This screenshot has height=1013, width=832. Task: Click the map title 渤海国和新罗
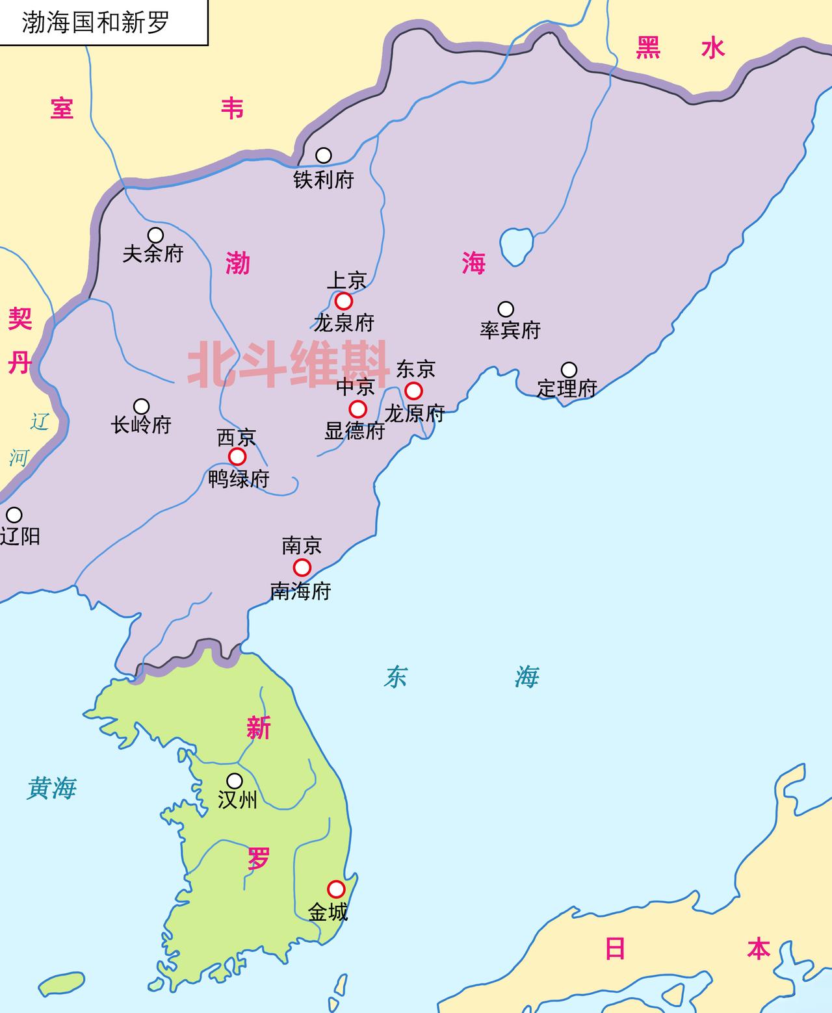96,22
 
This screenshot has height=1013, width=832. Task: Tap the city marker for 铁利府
324,155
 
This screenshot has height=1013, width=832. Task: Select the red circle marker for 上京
344,301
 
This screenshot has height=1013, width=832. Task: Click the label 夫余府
153,253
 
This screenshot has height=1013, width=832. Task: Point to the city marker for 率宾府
506,309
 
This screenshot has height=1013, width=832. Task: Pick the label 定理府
567,389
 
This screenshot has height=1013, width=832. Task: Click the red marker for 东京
413,391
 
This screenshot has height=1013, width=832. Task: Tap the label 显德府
355,431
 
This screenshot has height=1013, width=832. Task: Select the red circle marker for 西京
238,456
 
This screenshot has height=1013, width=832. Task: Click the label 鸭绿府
239,480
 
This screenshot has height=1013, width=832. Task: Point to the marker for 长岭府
141,407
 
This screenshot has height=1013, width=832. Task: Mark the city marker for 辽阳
14,515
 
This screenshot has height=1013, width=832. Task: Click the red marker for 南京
302,568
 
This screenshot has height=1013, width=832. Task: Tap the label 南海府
300,591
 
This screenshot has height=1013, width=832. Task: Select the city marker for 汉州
235,781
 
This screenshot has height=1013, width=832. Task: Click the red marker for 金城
336,889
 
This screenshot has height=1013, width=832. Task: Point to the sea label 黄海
52,788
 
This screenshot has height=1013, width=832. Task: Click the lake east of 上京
517,245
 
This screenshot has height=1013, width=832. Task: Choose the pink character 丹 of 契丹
19,363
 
